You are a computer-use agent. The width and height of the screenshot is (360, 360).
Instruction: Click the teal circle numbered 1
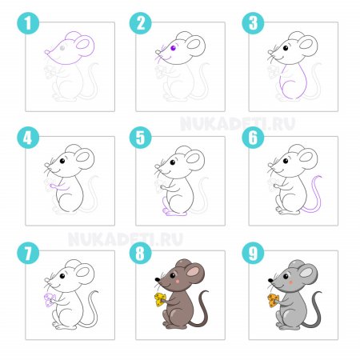coord(28,23)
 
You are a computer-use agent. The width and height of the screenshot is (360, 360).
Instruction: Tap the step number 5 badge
coord(141,138)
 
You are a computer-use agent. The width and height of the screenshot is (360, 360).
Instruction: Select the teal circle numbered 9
coord(253,253)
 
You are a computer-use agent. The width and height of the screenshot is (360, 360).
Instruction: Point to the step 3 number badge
coord(253,23)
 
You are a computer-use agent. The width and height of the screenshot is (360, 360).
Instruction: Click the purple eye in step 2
coord(173,48)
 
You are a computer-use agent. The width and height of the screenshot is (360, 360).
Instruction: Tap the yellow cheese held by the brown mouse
coord(160,299)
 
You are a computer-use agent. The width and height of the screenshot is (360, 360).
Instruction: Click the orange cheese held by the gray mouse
coord(273,300)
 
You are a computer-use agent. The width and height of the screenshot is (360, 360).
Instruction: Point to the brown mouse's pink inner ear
coord(193,271)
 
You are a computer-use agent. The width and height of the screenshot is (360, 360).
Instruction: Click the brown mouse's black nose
coord(158,280)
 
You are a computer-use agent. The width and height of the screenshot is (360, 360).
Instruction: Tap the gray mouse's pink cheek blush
coord(290,282)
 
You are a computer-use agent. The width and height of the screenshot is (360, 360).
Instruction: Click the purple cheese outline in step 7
coord(50,300)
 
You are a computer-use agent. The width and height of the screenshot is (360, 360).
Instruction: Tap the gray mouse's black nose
coord(270,280)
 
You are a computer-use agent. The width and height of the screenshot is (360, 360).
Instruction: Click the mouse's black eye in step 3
coord(286,48)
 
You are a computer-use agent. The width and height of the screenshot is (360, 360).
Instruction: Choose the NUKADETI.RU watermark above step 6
coord(238,124)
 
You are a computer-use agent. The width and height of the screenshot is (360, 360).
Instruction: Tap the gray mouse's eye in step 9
coord(286,275)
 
